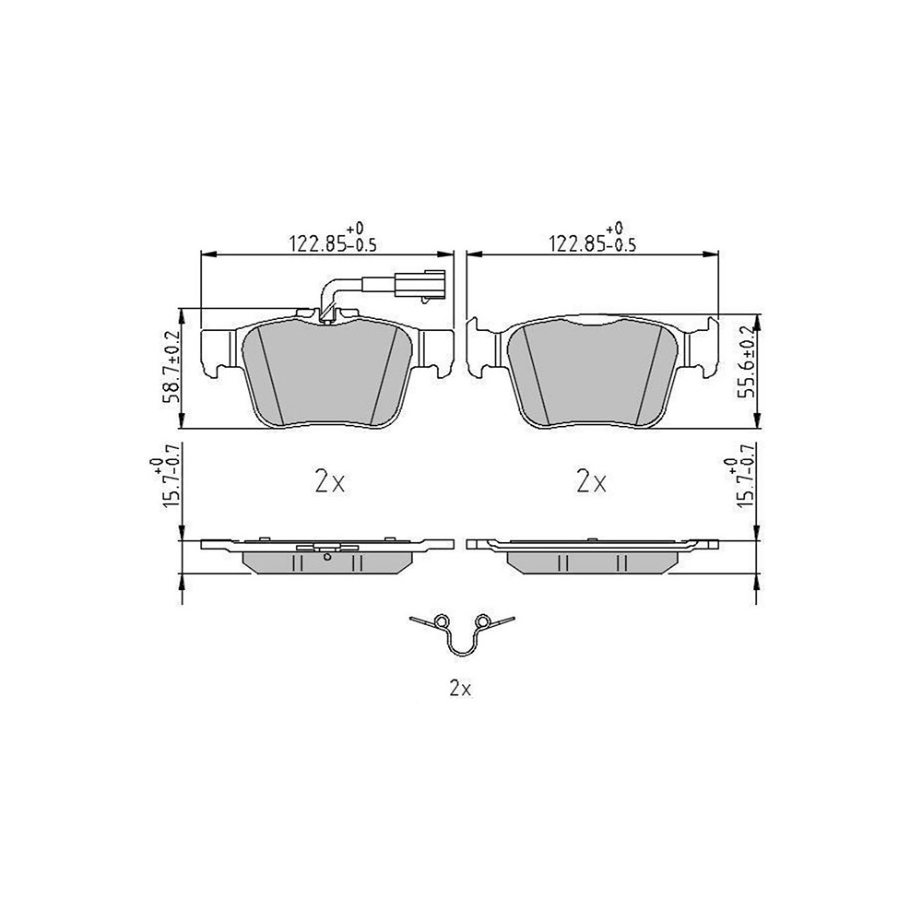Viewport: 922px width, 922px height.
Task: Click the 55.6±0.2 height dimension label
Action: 749,362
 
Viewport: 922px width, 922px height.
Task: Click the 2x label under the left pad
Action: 330,483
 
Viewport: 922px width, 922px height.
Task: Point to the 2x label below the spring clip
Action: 460,689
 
